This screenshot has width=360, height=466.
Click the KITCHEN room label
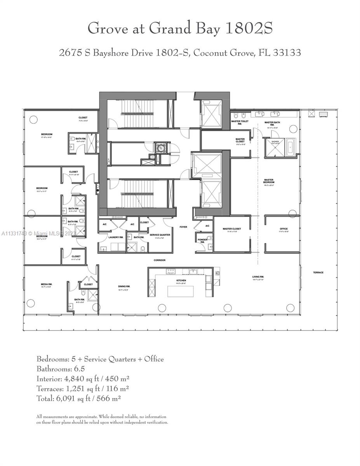point(181,280)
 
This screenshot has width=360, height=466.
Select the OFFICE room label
point(283,229)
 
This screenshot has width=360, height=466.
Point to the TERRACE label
point(318,273)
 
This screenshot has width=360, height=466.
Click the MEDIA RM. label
point(46,284)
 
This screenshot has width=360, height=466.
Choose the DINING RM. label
point(124,287)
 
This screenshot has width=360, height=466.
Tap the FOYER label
point(183,226)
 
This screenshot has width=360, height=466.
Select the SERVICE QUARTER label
point(160,235)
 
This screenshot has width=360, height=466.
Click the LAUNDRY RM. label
point(116,237)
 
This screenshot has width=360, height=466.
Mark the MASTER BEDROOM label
point(269,181)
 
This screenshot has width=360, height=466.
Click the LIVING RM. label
point(258,277)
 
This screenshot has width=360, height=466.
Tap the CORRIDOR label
point(159,260)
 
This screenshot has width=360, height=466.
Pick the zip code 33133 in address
point(286,53)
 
